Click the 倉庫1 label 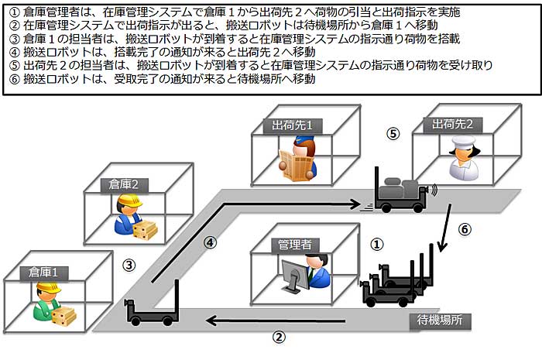pyautogui.click(x=44, y=273)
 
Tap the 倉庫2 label pyautogui.click(x=124, y=185)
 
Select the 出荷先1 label pyautogui.click(x=292, y=125)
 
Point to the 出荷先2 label pyautogui.click(x=452, y=125)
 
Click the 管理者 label pyautogui.click(x=295, y=245)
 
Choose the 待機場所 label pyautogui.click(x=440, y=321)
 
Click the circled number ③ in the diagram pyautogui.click(x=129, y=266)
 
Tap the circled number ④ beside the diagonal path pyautogui.click(x=210, y=242)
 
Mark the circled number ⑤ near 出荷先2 pyautogui.click(x=393, y=134)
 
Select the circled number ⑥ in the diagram pyautogui.click(x=465, y=229)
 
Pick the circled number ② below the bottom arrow pyautogui.click(x=280, y=337)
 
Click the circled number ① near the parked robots pyautogui.click(x=377, y=245)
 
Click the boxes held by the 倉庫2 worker pyautogui.click(x=146, y=230)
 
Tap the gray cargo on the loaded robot pyautogui.click(x=400, y=189)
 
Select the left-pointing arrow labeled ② pyautogui.click(x=276, y=321)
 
